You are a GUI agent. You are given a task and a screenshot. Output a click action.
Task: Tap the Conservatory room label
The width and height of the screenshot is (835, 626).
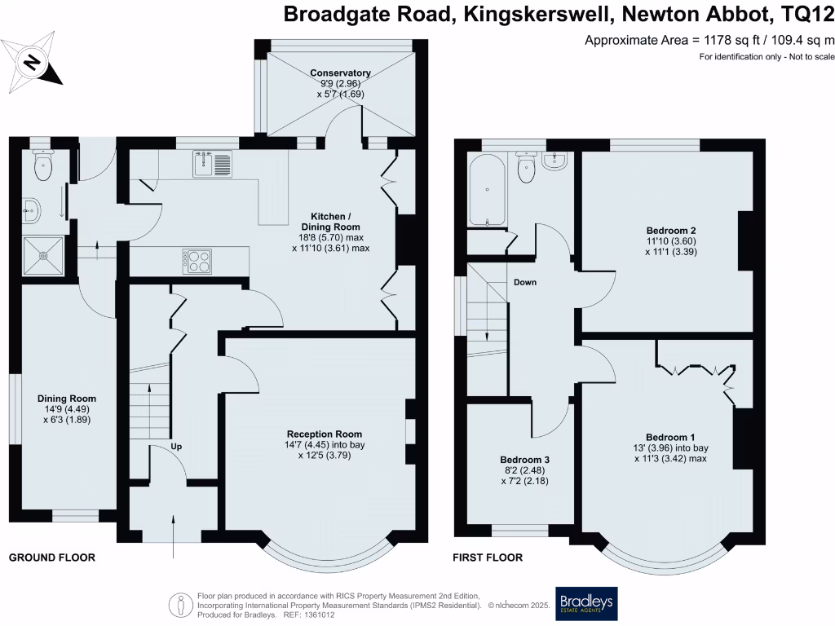click(x=340, y=73)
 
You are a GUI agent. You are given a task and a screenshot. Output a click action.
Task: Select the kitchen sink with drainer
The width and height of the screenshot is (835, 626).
click(x=214, y=164)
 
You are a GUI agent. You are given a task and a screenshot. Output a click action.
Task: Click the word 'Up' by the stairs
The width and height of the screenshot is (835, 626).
click(x=177, y=447)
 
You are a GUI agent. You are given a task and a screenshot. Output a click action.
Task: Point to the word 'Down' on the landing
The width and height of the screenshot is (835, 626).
click(x=526, y=283)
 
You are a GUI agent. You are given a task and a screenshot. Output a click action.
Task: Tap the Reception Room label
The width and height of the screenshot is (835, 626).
click(x=324, y=434)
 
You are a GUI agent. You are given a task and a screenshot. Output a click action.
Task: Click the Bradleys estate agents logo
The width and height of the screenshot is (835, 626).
click(x=586, y=604)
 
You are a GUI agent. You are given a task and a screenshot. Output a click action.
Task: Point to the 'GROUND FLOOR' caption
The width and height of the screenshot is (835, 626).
click(x=51, y=558)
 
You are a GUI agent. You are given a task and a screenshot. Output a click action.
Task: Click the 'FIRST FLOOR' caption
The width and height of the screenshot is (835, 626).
click(x=488, y=558)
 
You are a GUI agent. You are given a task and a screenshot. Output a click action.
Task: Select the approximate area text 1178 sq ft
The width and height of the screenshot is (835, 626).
click(x=709, y=40)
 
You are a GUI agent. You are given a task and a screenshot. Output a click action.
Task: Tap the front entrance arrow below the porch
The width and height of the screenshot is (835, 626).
click(x=175, y=536)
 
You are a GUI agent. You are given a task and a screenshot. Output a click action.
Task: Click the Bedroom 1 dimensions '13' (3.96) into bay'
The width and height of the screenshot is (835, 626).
click(x=671, y=447)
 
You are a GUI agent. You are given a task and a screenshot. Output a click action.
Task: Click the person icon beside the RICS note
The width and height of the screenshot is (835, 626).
click(x=180, y=605)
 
